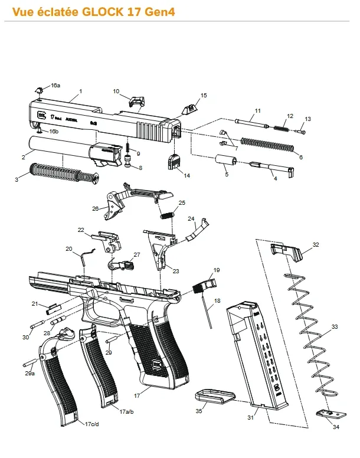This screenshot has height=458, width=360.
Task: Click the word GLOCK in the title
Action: pyautogui.click(x=104, y=11)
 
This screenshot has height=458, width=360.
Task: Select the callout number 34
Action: pyautogui.click(x=336, y=427)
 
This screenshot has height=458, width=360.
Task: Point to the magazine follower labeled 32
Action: pyautogui.click(x=286, y=251)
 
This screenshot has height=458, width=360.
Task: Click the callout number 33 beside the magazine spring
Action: pyautogui.click(x=335, y=326)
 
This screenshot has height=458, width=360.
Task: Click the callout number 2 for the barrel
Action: pyautogui.click(x=23, y=157)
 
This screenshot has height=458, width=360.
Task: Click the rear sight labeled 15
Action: pyautogui.click(x=188, y=109)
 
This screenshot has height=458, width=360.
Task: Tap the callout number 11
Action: pyautogui.click(x=257, y=110)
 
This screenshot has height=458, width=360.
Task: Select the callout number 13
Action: pyautogui.click(x=307, y=119)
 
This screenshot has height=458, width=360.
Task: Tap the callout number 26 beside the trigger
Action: pyautogui.click(x=95, y=208)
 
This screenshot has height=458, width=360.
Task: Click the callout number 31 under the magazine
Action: pyautogui.click(x=250, y=418)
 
